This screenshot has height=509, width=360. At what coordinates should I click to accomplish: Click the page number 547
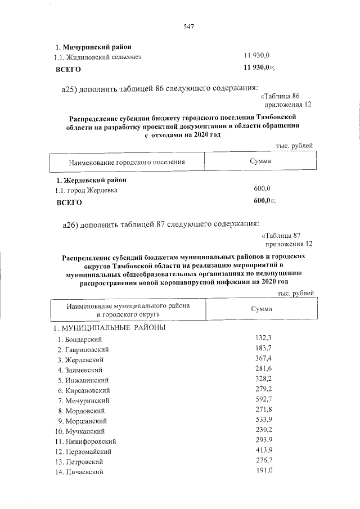coord(188,26)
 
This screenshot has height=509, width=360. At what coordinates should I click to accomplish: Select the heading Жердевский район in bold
coord(91,181)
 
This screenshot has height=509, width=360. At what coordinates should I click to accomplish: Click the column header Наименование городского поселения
coord(127,162)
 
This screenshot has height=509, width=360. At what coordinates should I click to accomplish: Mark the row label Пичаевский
coord(84,472)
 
